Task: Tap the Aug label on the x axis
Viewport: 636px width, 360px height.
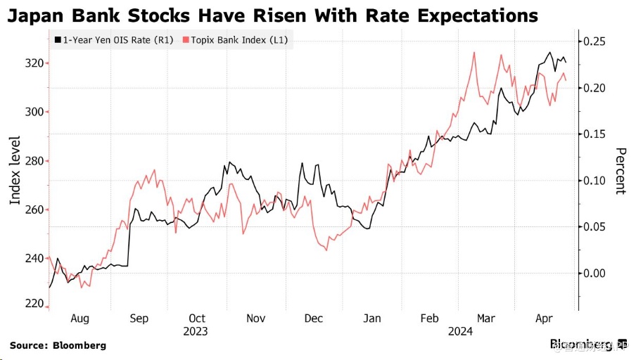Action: [x=79, y=319]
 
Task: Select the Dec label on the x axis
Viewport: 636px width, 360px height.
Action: [x=313, y=319]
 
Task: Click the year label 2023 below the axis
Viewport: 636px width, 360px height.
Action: [x=196, y=330]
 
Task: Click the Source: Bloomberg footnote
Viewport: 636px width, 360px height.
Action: [x=58, y=345]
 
